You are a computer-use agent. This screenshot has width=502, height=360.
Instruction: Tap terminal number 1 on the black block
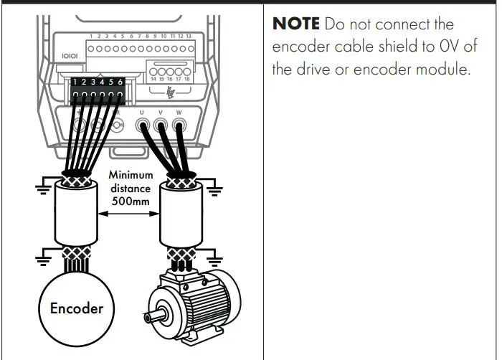75,82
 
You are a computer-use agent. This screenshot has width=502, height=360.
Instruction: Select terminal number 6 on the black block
120,82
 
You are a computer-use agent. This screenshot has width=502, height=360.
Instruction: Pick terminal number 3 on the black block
93,82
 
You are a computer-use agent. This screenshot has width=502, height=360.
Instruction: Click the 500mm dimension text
129,202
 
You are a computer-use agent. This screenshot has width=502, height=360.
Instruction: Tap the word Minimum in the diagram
130,174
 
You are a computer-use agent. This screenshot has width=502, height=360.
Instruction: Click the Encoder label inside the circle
76,308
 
